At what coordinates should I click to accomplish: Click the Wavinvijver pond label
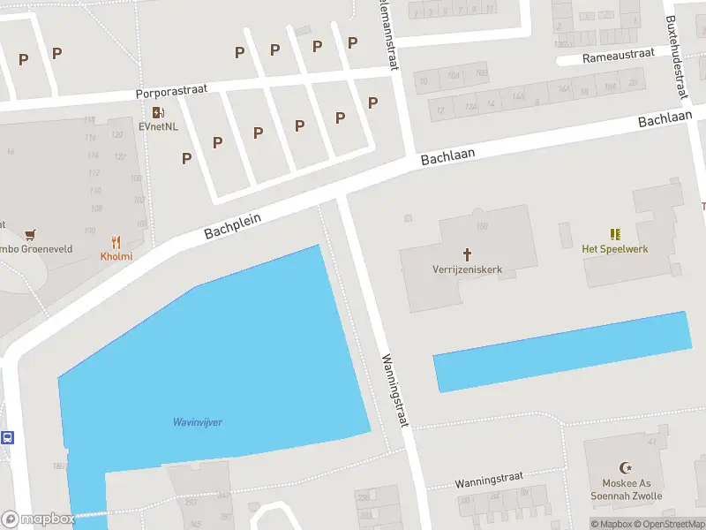point(197,422)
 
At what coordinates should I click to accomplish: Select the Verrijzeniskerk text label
point(467,269)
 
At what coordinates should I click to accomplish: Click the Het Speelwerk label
point(615,249)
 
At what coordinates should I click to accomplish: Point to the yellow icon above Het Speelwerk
point(615,234)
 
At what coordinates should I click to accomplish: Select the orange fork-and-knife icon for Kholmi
point(116,242)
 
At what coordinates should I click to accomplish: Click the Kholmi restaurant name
point(116,257)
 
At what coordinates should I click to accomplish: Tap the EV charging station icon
point(158,112)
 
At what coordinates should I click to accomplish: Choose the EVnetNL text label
point(158,126)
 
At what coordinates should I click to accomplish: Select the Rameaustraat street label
point(619,55)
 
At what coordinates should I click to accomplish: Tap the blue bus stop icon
point(7,437)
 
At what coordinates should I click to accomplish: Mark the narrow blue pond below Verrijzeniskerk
point(561,352)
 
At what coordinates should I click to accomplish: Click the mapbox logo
point(38,519)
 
